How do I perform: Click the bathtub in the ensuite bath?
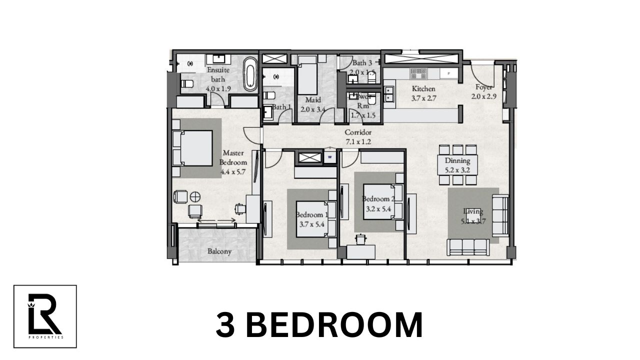[250, 74]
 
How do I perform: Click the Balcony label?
[219, 251]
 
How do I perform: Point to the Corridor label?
[358, 132]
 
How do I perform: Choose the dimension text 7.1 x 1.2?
[358, 141]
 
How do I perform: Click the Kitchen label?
[423, 89]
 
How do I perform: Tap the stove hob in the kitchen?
[418, 74]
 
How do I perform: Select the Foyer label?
[483, 87]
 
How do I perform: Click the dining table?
[457, 164]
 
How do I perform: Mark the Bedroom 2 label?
[378, 198]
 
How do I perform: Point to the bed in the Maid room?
[307, 75]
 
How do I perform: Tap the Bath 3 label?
[362, 63]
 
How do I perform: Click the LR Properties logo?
[45, 316]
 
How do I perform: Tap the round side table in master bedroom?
[195, 196]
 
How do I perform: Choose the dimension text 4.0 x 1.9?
[218, 88]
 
